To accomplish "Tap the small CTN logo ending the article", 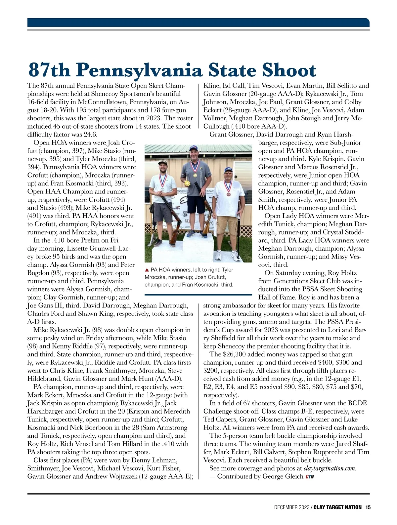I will click(x=310, y=476).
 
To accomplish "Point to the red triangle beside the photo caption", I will click(x=147, y=270).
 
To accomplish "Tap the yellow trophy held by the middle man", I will click(x=188, y=183).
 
